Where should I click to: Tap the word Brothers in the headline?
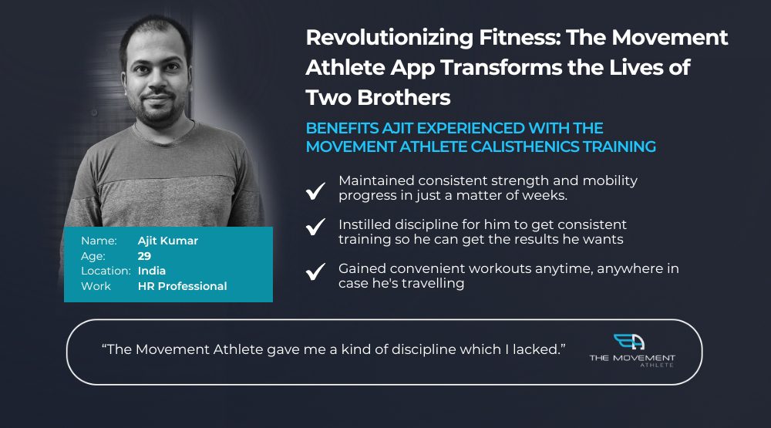click(404, 97)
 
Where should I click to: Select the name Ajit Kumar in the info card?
click(167, 241)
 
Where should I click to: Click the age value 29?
click(144, 256)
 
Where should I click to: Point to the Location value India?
click(151, 271)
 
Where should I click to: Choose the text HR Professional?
click(183, 286)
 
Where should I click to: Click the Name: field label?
click(99, 241)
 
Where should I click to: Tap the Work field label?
click(96, 286)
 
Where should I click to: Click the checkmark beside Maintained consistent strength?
click(315, 190)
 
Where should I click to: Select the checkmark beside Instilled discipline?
click(315, 226)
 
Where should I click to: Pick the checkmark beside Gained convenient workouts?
click(315, 271)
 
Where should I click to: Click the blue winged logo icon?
click(629, 342)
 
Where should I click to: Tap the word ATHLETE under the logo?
click(656, 365)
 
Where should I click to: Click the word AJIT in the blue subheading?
click(398, 128)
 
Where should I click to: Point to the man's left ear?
click(187, 79)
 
